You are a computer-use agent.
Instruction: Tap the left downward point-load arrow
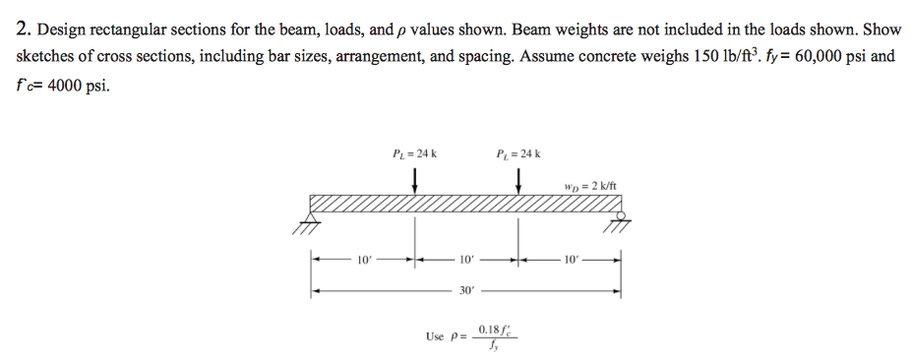415,180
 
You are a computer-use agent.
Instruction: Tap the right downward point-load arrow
519,180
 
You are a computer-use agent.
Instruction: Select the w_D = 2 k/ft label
590,187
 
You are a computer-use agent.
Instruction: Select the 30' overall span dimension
467,291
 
